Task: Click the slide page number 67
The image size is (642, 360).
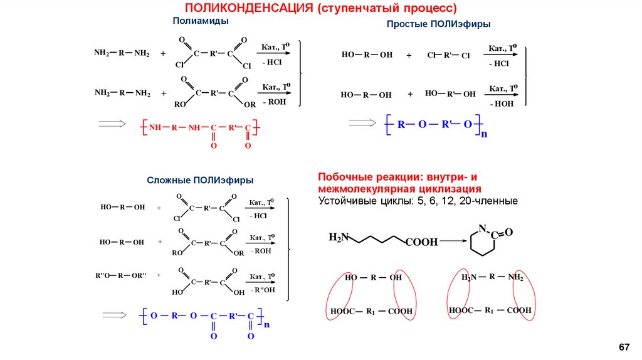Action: pyautogui.click(x=623, y=347)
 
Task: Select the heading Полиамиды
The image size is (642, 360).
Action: pyautogui.click(x=201, y=21)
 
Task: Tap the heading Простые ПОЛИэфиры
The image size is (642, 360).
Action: pyautogui.click(x=438, y=23)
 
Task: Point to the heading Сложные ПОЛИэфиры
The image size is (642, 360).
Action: pyautogui.click(x=200, y=180)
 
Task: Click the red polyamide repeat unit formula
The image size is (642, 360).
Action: pyautogui.click(x=199, y=128)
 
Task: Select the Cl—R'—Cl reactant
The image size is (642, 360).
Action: pyautogui.click(x=448, y=55)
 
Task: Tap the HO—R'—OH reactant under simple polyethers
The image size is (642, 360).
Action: pyautogui.click(x=450, y=94)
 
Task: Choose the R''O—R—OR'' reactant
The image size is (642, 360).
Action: pyautogui.click(x=120, y=275)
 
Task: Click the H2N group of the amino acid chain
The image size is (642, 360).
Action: pyautogui.click(x=339, y=238)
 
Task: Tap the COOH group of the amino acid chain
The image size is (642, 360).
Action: pyautogui.click(x=421, y=242)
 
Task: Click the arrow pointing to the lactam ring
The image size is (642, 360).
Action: pyautogui.click(x=453, y=240)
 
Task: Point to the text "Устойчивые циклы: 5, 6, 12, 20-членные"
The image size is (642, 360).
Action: pyautogui.click(x=418, y=201)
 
